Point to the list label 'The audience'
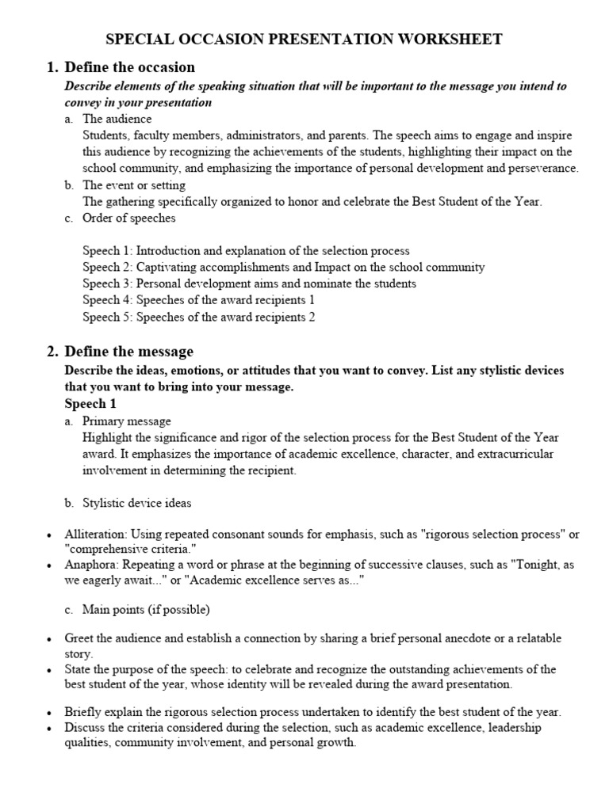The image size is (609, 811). coord(117,119)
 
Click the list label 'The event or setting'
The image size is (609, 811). coord(134,185)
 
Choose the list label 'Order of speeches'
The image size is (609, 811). coord(129,219)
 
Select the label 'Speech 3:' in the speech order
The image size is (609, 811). coord(108,284)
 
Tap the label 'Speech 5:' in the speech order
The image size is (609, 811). coord(108,317)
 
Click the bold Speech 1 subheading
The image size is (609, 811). coord(90,404)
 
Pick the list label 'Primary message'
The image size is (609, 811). coord(127,421)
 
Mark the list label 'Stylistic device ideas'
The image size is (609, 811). coord(136,503)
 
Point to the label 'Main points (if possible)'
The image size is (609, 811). coord(146,609)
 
